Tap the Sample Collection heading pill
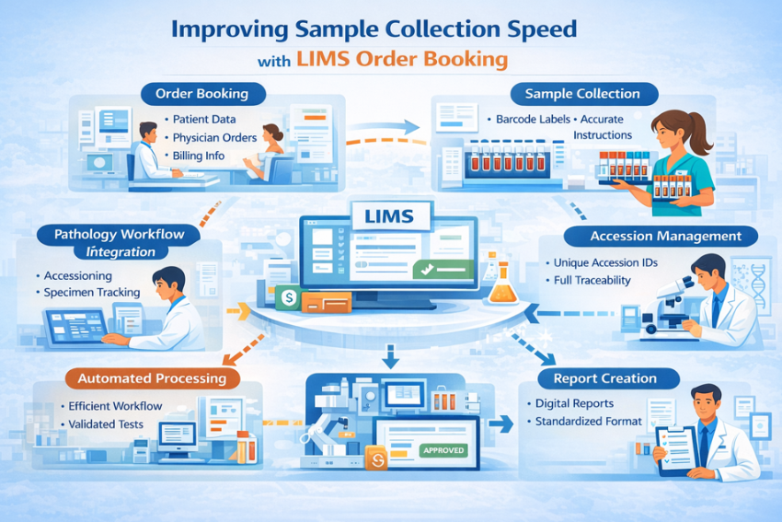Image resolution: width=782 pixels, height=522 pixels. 581,94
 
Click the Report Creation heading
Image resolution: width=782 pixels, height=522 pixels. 604,377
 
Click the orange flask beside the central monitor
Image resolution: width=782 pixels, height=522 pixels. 502,286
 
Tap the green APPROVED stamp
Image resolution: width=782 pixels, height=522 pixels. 443,450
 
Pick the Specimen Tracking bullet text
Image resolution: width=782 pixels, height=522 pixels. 92,292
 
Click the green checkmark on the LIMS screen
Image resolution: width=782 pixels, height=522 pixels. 425,270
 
